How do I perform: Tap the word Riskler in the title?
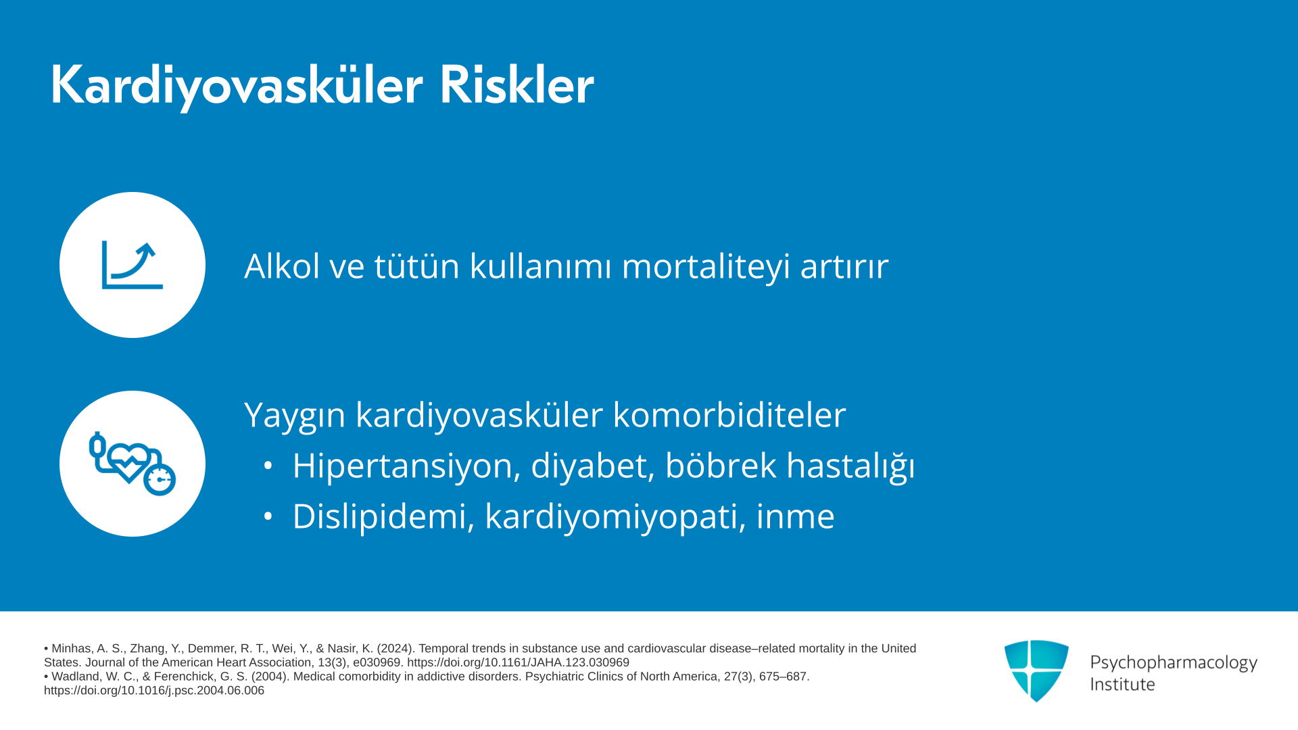516,85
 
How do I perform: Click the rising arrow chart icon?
133,265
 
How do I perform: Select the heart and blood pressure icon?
133,464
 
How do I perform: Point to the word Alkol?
282,266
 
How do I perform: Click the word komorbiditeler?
729,414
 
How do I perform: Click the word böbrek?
721,465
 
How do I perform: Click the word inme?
795,516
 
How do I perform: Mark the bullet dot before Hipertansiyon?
268,466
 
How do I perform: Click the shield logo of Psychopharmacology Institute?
1036,671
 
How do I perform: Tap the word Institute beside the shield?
1122,684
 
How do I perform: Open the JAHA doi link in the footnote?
518,662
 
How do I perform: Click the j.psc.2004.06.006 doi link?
154,691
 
